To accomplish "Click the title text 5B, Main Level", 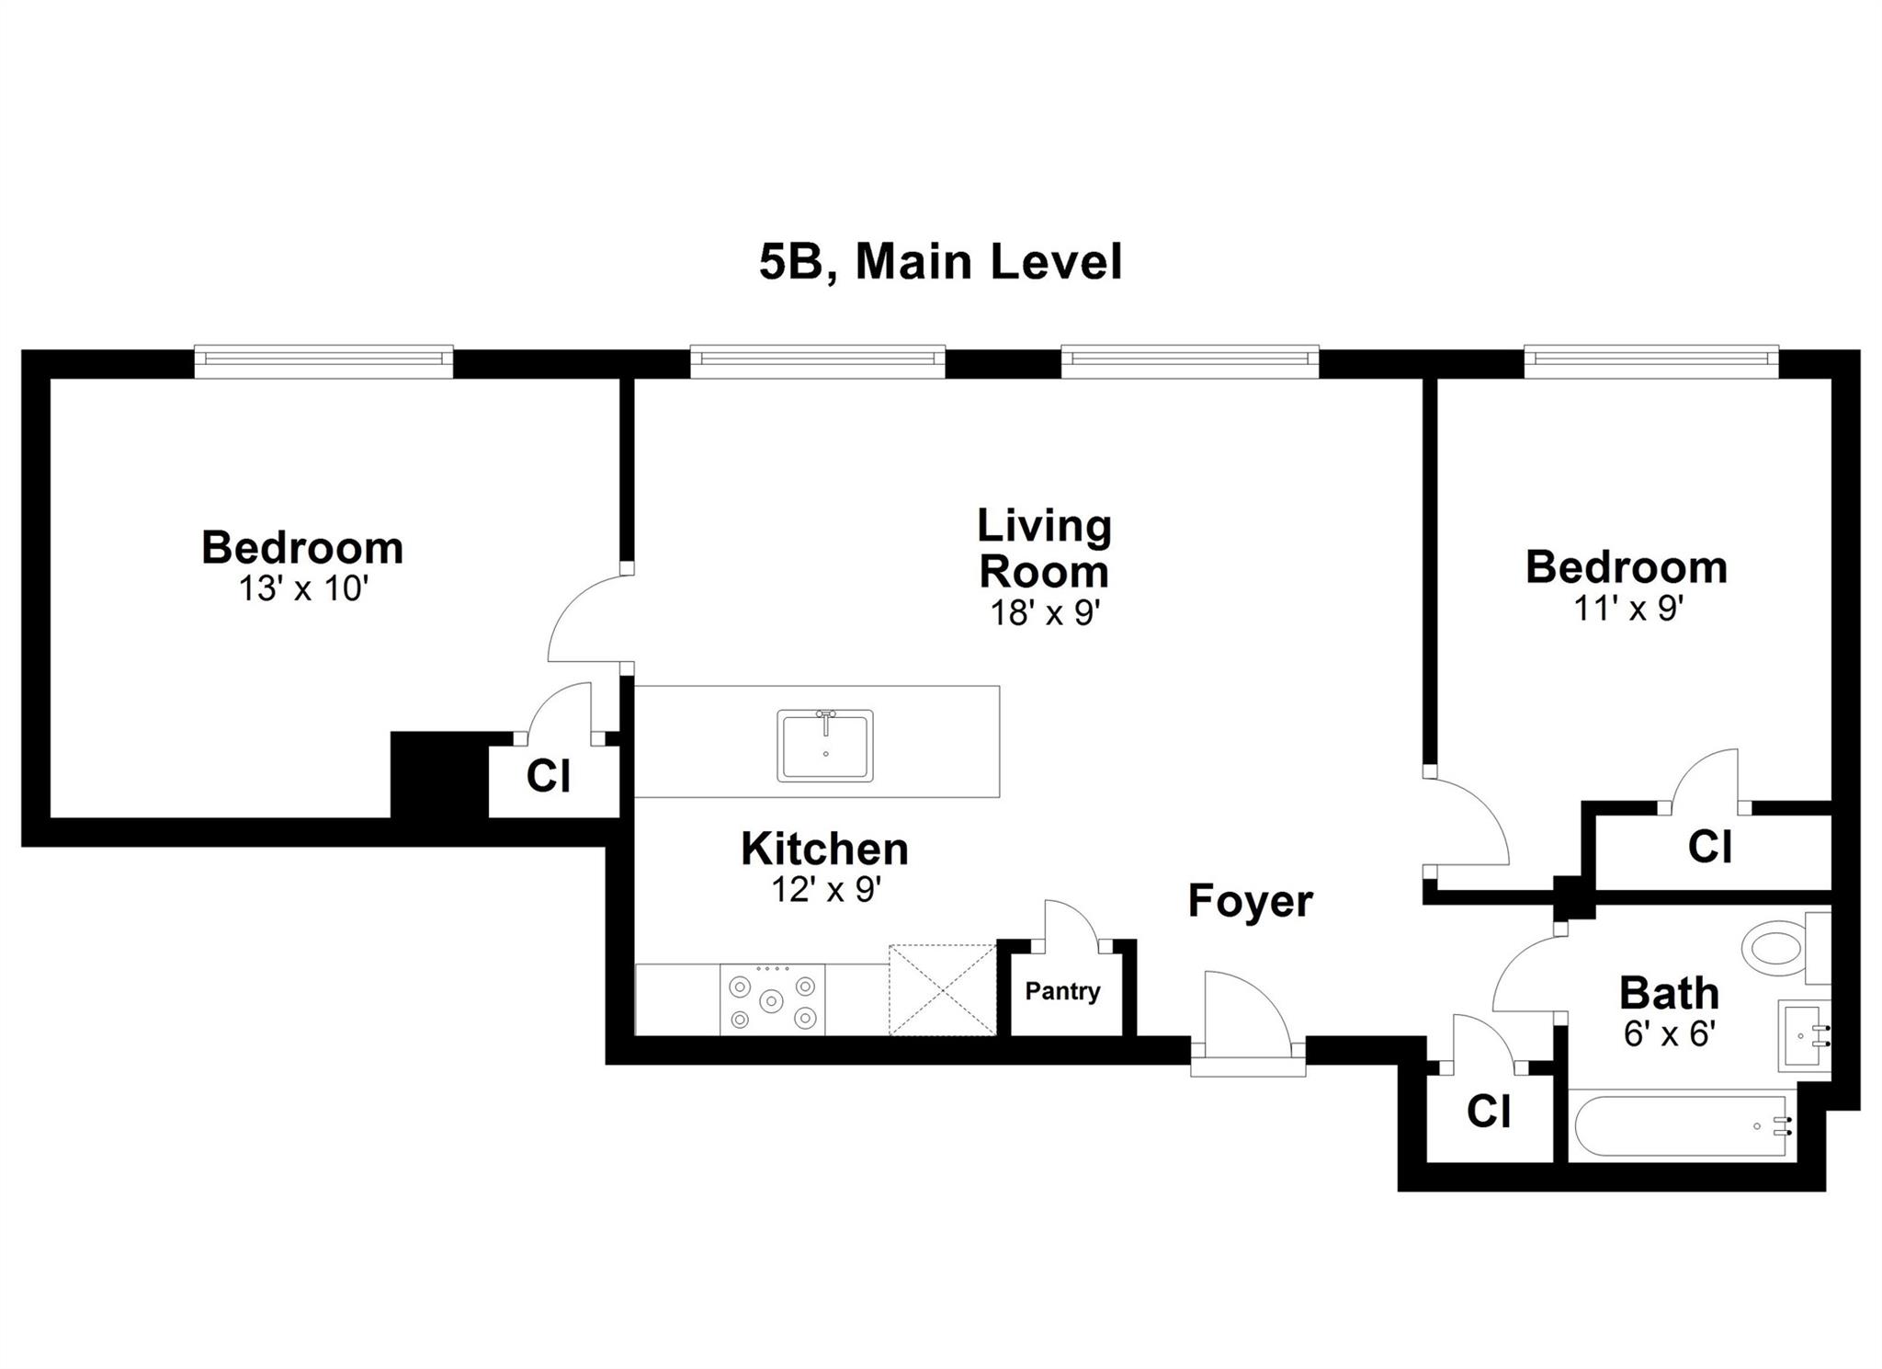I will coord(940,262).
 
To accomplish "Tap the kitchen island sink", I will coord(824,745).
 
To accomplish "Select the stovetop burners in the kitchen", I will coord(772,1000).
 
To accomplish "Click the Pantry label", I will coord(1062,991).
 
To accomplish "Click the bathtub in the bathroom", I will coord(1680,1125).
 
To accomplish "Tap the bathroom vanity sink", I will coord(1802,1036).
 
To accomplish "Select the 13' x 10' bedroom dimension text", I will coord(303,588).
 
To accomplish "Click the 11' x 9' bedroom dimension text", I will coord(1627,608).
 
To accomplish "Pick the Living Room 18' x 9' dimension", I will coord(1045,612).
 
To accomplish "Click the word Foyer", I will coord(1250,901).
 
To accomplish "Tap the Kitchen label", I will coord(824,849).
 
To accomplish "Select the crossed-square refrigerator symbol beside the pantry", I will coord(943,989).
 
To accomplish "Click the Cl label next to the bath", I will coord(1488,1112).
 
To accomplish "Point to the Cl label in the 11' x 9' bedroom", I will coord(1709,847).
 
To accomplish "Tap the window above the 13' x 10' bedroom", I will coord(323,360).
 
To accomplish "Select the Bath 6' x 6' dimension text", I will coord(1669,1035).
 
